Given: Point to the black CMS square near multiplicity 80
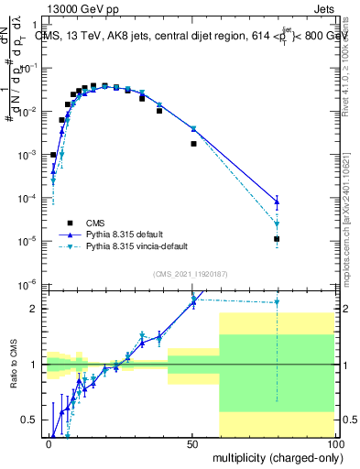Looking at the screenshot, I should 277,239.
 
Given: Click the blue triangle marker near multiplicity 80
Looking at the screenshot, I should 277,201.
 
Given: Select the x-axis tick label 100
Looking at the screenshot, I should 333,442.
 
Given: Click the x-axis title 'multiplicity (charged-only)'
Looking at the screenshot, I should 275,456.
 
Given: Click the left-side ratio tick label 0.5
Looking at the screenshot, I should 33,420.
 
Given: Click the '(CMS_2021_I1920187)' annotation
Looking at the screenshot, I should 189,273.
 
